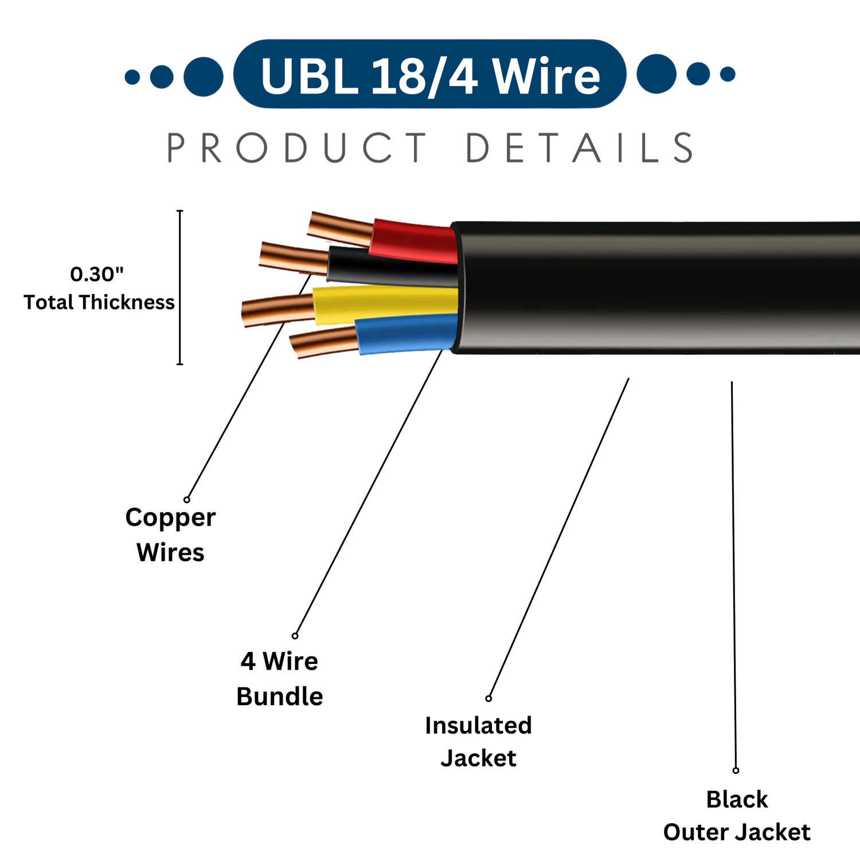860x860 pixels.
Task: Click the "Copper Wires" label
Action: pos(170,534)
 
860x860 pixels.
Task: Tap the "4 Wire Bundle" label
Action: pos(280,679)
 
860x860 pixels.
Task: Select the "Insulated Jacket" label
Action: pos(478,742)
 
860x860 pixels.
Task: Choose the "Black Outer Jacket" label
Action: pos(737,816)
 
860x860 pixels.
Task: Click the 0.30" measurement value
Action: pos(97,275)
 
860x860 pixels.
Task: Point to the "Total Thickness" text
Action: pos(99,302)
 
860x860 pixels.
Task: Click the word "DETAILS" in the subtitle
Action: pos(579,148)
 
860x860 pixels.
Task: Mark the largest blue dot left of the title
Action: pos(204,76)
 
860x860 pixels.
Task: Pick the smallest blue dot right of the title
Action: pos(728,74)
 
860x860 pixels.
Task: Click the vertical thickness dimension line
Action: pos(180,287)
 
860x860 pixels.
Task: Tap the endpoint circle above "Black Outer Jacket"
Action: pos(736,771)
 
